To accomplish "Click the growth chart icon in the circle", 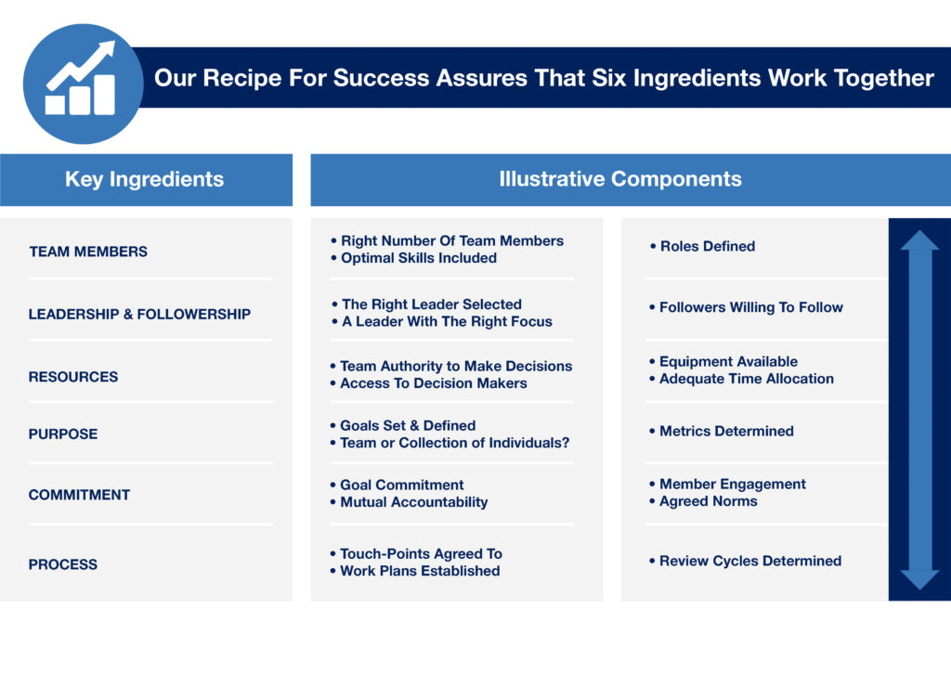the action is click(81, 78).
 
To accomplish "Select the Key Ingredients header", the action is click(144, 179).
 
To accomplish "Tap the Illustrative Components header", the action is click(619, 179).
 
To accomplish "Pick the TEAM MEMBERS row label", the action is click(88, 252).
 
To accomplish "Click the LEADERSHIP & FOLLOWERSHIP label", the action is click(139, 314).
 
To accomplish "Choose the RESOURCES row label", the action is click(72, 377).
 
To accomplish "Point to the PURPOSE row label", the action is click(62, 434).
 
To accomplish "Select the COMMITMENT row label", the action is click(79, 495).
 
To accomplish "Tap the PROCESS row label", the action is click(62, 564).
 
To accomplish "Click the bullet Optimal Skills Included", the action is click(413, 258).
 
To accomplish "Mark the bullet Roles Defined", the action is click(702, 246).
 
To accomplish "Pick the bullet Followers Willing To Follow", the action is click(746, 307).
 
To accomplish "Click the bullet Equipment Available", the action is click(723, 361).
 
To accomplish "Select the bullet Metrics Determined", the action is click(721, 431).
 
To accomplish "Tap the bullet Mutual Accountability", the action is click(409, 502).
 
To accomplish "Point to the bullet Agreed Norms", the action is click(703, 501).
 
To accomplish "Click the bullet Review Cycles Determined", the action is click(745, 561).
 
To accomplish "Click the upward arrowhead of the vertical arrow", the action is click(919, 240).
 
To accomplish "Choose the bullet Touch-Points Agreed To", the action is click(416, 553).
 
